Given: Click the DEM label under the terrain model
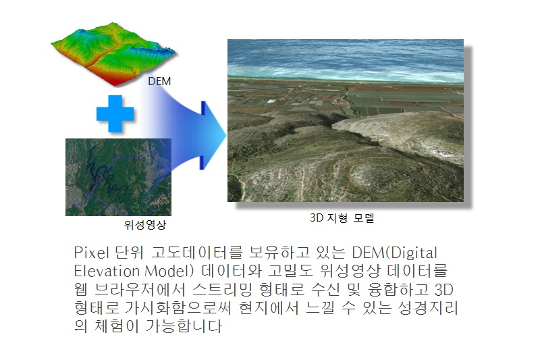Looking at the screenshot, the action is point(159,81).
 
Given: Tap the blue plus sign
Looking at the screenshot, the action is point(115,113).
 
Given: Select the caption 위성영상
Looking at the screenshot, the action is point(145,225).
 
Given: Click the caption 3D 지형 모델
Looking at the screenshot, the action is point(342,217).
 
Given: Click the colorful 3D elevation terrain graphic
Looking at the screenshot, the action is point(113,53).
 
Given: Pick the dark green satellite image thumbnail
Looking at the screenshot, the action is point(118,177).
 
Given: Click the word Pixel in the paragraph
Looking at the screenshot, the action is point(91,253).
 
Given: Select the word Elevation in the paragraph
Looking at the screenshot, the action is point(107,271).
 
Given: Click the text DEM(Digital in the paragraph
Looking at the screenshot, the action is point(394,253).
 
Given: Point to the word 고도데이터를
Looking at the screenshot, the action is point(197,253).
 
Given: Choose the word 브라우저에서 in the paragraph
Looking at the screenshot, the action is point(140,289).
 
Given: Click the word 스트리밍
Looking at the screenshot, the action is point(223,289).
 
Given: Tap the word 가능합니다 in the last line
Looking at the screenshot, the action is point(184,326).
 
